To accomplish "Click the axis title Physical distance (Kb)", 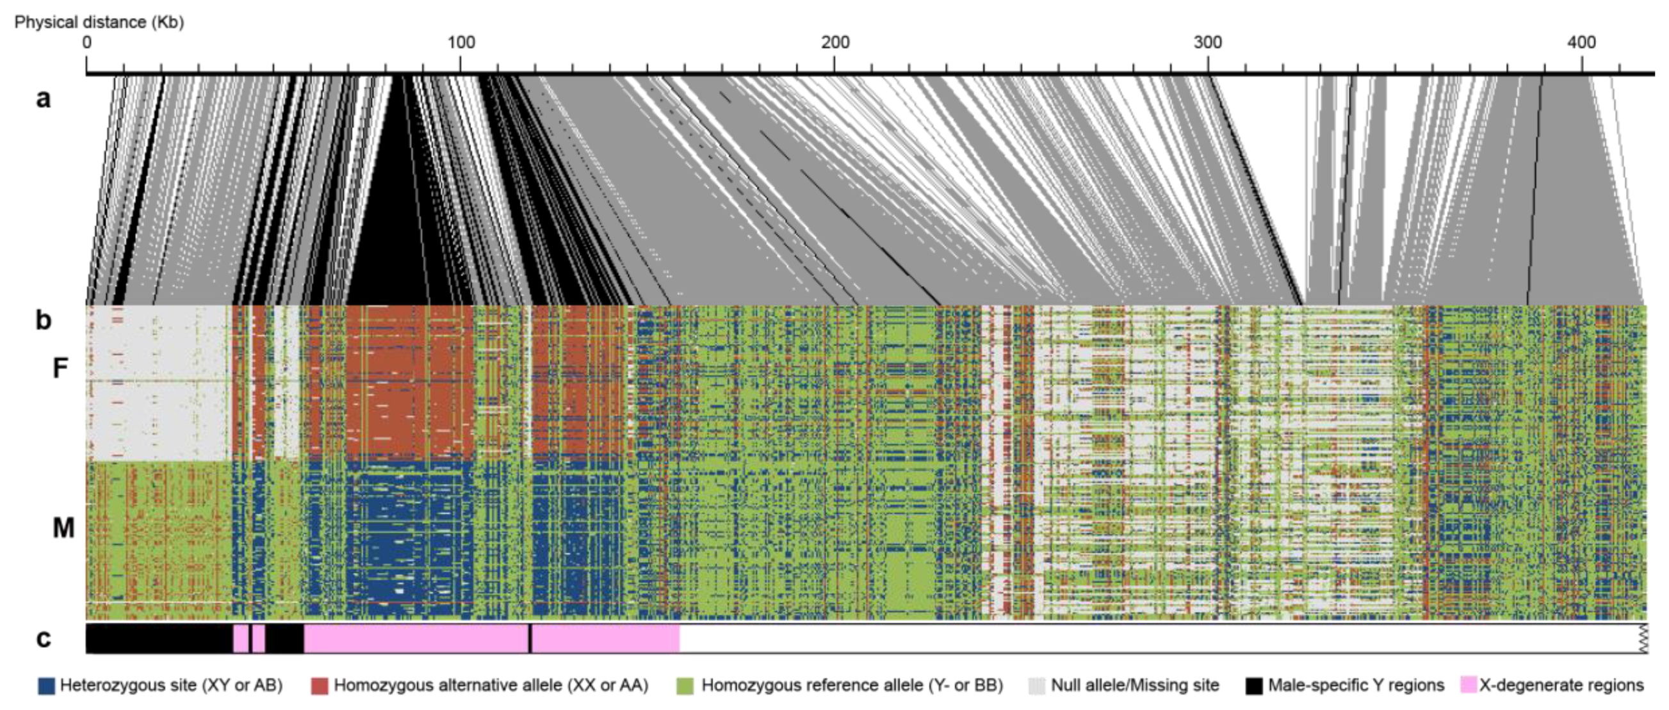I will pos(99,22).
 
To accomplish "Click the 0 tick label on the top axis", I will pos(87,43).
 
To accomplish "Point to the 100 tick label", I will pos(460,43).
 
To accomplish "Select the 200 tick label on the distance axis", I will pos(835,43).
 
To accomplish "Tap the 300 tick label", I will pos(1209,43).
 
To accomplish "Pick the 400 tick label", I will pos(1581,43).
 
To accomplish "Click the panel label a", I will pos(43,99).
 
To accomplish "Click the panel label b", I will pos(43,320).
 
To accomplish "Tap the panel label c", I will pos(43,639).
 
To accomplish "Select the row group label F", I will pos(60,368).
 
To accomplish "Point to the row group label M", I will pos(63,528).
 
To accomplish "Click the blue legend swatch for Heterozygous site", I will pos(47,686).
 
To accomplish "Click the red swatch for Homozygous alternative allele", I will pos(320,686).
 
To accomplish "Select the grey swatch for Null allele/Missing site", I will pos(1037,686).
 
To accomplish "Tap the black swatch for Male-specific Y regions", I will pos(1254,686).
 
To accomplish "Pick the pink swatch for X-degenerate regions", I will pos(1468,686).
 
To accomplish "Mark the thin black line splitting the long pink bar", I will pos(530,639).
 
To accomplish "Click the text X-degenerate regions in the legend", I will pos(1561,686).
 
